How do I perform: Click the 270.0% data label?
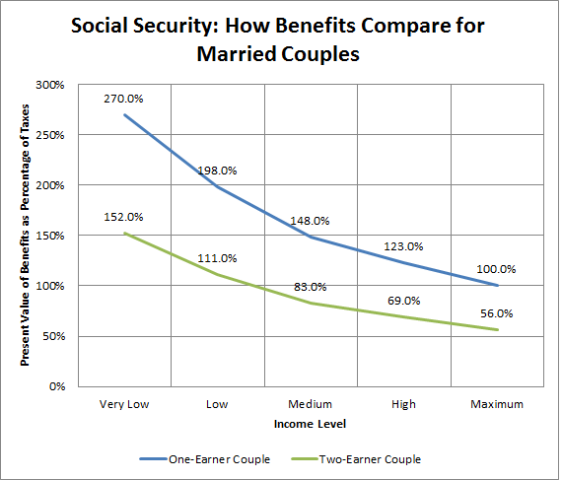pyautogui.click(x=123, y=99)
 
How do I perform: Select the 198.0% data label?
pyautogui.click(x=217, y=171)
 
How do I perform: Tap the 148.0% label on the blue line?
pyautogui.click(x=310, y=221)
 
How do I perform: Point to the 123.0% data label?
pyautogui.click(x=403, y=246)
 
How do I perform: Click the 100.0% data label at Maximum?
pyautogui.click(x=496, y=269)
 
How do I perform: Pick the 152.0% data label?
pyautogui.click(x=123, y=217)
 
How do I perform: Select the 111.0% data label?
pyautogui.click(x=217, y=258)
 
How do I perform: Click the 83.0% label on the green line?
pyautogui.click(x=311, y=287)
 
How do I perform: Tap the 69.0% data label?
pyautogui.click(x=404, y=301)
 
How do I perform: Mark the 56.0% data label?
pyautogui.click(x=497, y=313)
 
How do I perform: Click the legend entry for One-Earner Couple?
pyautogui.click(x=205, y=459)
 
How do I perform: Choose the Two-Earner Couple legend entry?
pyautogui.click(x=356, y=459)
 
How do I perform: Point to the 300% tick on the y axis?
pyautogui.click(x=50, y=85)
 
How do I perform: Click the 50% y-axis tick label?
pyautogui.click(x=54, y=336)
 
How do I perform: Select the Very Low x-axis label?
pyautogui.click(x=124, y=404)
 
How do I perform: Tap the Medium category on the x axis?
pyautogui.click(x=310, y=404)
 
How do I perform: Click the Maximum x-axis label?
pyautogui.click(x=497, y=404)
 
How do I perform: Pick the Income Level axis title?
pyautogui.click(x=310, y=424)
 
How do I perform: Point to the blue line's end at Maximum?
pyautogui.click(x=498, y=286)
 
